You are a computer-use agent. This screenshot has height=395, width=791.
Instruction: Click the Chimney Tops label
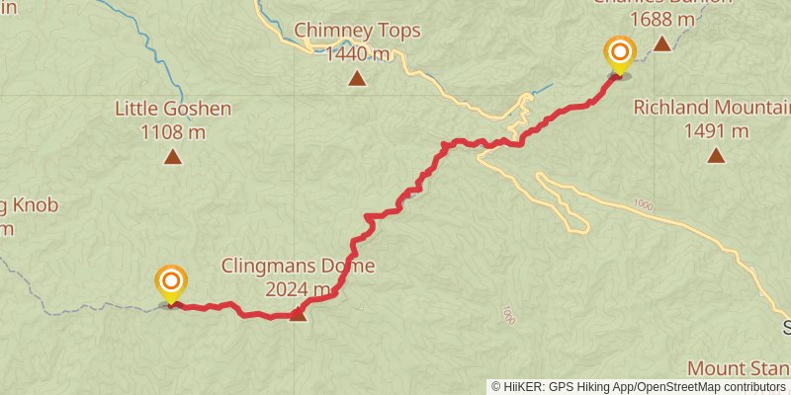click(358, 31)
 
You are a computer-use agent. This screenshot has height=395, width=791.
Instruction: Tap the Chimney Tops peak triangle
click(357, 77)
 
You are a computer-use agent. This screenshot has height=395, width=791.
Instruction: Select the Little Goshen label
click(173, 109)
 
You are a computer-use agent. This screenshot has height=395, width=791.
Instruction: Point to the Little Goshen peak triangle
click(173, 156)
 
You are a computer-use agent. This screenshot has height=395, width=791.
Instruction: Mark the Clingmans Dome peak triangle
click(297, 314)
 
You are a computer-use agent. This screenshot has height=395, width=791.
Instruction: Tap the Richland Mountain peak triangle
click(716, 154)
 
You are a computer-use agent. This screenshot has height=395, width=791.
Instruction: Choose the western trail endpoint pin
click(171, 282)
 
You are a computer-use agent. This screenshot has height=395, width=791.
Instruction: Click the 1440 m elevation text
click(358, 53)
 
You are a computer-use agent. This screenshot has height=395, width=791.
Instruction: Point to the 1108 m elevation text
click(173, 131)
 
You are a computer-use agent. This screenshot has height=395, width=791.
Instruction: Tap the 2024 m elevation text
click(298, 289)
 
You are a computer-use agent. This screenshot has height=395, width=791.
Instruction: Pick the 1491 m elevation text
click(716, 130)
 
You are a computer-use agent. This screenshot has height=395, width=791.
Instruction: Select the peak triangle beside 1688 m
click(661, 43)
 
